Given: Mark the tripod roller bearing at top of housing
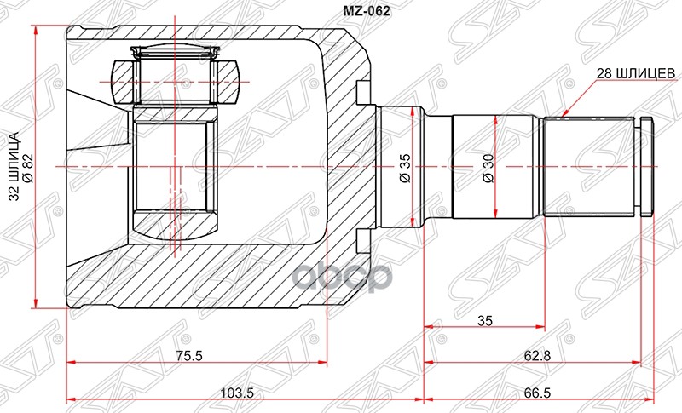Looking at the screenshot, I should [175, 80].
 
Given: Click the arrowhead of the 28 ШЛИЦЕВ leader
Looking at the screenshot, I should [564, 115].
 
